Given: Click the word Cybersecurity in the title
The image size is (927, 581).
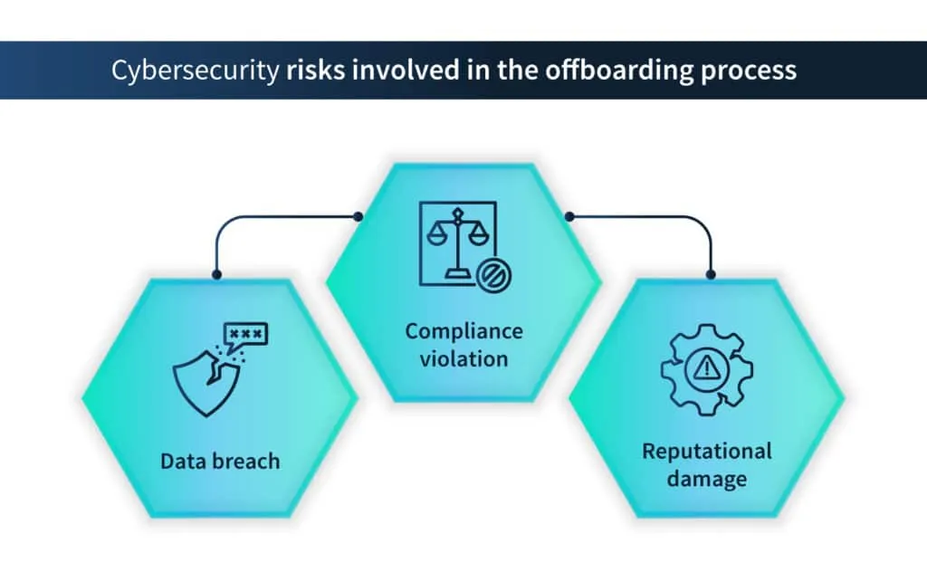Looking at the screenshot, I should click(x=194, y=71).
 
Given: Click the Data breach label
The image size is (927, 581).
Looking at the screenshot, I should click(x=220, y=461).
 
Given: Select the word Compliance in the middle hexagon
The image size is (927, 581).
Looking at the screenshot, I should click(x=463, y=331).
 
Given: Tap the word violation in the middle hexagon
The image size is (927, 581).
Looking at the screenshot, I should click(x=463, y=358).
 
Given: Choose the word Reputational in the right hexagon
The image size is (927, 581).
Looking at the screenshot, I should click(x=707, y=451).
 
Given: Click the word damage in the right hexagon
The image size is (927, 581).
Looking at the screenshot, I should click(x=707, y=477).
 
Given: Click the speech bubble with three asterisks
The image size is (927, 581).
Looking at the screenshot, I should click(x=245, y=336).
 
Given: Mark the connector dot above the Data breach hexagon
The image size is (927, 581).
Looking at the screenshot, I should click(x=216, y=274).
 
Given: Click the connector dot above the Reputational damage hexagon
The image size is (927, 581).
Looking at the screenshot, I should click(x=711, y=274).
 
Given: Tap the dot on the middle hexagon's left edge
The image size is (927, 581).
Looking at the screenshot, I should click(x=359, y=216).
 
